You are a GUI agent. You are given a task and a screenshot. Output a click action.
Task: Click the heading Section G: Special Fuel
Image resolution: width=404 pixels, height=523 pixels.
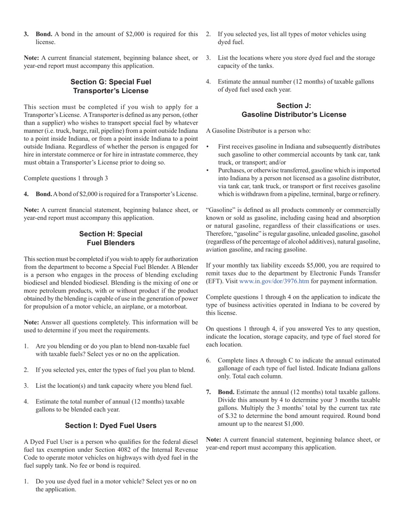[111, 82]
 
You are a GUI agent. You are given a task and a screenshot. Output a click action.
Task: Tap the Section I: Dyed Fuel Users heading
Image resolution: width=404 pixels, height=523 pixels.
[111, 426]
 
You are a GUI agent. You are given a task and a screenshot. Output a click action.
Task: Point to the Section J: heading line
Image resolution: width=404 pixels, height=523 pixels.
[294, 105]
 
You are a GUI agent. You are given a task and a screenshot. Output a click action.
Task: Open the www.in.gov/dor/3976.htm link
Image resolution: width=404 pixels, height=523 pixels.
[274, 281]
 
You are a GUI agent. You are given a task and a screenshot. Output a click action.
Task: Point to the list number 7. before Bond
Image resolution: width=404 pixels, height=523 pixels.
[209, 392]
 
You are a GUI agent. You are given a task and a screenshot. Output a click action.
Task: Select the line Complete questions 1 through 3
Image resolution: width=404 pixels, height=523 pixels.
[66, 178]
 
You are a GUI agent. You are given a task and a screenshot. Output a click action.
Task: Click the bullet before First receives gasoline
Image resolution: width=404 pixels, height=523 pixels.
[208, 146]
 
